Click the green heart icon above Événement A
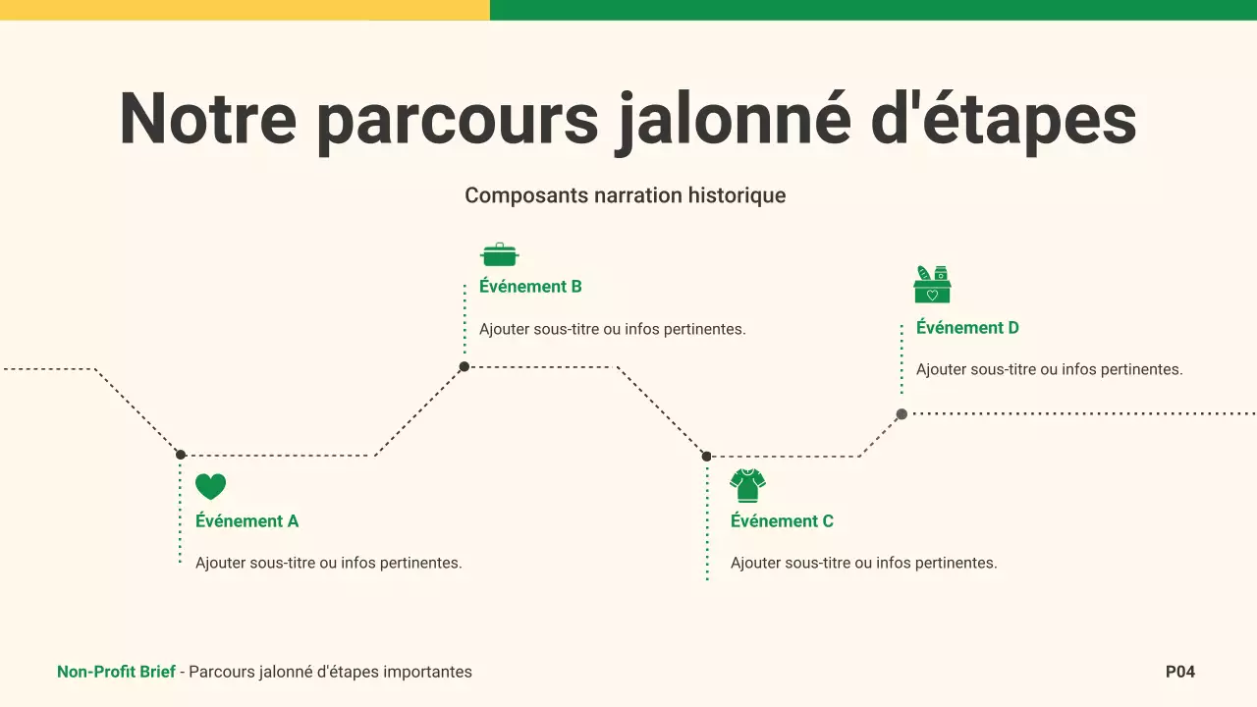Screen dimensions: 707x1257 [x=210, y=486]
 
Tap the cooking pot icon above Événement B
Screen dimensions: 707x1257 [x=499, y=255]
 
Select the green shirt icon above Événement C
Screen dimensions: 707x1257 [x=747, y=485]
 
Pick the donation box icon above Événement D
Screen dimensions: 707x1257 [x=932, y=285]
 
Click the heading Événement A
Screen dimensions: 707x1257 [x=246, y=521]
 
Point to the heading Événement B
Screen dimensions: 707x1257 [x=530, y=287]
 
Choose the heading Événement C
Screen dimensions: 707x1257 [x=782, y=521]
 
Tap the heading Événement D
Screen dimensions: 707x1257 [x=967, y=328]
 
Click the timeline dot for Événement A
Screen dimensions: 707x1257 [x=181, y=455]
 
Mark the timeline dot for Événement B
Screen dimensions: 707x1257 [x=465, y=367]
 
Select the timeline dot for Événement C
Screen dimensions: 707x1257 [x=706, y=456]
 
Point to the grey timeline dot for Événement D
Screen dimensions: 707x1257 [x=902, y=414]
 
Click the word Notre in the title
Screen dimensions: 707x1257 [x=207, y=119]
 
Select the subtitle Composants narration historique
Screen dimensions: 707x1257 [x=626, y=195]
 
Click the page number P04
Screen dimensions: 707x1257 [x=1180, y=673]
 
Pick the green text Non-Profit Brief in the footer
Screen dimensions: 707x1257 [x=116, y=673]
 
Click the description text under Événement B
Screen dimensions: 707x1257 [x=612, y=329]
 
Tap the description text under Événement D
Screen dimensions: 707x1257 [x=1049, y=370]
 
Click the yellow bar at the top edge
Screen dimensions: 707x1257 [x=245, y=10]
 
